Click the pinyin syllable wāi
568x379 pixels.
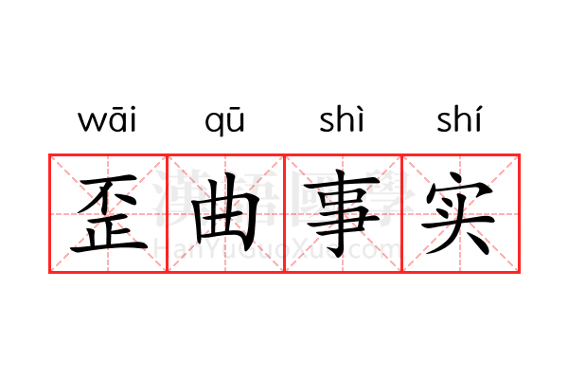(107, 119)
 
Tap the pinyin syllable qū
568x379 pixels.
(224, 121)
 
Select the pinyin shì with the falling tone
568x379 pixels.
(341, 118)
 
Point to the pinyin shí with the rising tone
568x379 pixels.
(459, 118)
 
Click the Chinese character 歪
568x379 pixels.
(109, 213)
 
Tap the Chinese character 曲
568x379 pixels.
(225, 212)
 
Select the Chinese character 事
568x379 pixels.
(342, 213)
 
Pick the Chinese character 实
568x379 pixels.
(458, 213)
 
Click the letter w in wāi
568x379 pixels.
(90, 122)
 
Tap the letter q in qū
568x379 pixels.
(213, 124)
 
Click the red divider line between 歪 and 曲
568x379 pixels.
(167, 213)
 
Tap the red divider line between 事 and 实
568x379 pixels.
(402, 213)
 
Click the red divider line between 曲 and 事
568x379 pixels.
(284, 213)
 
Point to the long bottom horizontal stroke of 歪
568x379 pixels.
(109, 248)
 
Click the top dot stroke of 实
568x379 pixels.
(457, 177)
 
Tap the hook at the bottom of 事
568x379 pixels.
(335, 253)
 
